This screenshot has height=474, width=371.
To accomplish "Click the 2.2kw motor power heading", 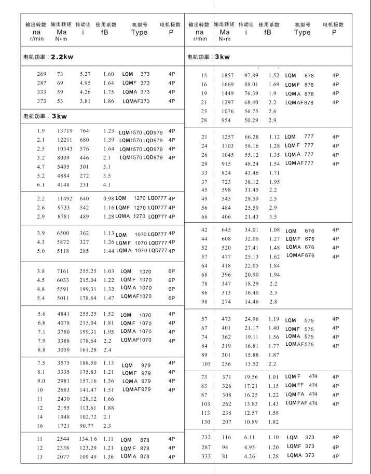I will point(47,57).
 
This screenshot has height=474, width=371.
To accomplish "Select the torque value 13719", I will point(64,130).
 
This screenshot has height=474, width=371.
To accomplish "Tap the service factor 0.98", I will point(108,198).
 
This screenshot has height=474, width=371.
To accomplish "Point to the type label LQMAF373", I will point(136,101).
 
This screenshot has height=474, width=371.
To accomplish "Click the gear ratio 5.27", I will point(85,74).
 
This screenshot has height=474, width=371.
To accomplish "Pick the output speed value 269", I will point(42,74).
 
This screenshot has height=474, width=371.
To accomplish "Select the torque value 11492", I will point(64,198).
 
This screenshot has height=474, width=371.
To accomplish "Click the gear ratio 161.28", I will point(87,350).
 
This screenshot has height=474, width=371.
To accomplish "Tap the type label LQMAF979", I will point(136,389).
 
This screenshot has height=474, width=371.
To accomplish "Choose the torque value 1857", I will point(228,76).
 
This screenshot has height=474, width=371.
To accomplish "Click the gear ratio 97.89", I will point(251,76).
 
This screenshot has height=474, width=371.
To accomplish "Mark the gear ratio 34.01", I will point(251,230).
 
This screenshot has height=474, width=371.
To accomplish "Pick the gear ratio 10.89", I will point(251,422).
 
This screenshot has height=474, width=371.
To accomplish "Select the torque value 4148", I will point(64,184).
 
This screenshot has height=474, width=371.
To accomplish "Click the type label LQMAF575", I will point(299,344).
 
